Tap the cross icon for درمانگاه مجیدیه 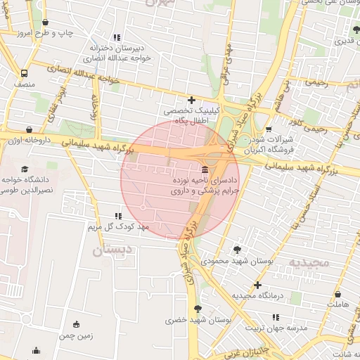pyautogui.click(x=258, y=285)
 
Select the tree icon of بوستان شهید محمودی pyautogui.click(x=237, y=250)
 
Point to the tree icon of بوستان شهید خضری pyautogui.click(x=198, y=308)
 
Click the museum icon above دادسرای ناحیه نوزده pyautogui.click(x=205, y=171)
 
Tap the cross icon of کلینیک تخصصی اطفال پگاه pyautogui.click(x=191, y=101)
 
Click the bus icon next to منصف pyautogui.click(x=25, y=73)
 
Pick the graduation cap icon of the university pyautogui.click(x=26, y=169)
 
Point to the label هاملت pyautogui.click(x=337, y=304)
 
